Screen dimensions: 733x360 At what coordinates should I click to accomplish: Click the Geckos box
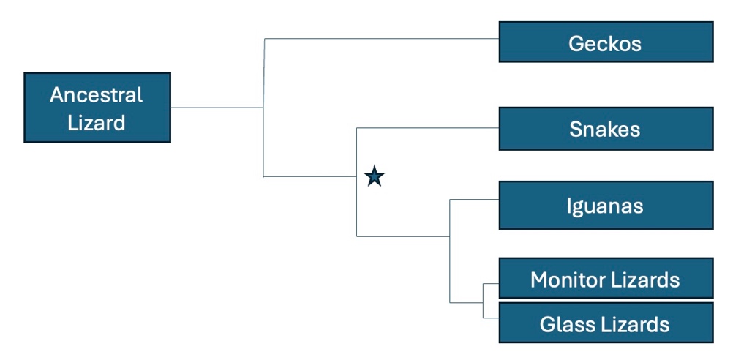click(606, 42)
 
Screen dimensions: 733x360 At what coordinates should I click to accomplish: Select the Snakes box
click(606, 129)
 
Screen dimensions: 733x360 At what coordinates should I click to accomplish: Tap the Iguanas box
click(606, 206)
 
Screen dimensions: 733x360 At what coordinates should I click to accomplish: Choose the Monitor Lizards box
click(606, 278)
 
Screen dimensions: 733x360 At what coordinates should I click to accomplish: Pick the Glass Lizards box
click(606, 323)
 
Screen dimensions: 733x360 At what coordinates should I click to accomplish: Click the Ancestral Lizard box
click(97, 107)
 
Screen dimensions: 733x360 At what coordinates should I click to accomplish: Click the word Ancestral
click(97, 95)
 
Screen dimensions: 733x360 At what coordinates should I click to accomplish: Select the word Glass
click(563, 324)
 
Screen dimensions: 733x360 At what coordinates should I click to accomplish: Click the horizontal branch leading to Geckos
click(381, 38)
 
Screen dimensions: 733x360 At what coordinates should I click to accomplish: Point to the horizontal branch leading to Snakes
click(428, 127)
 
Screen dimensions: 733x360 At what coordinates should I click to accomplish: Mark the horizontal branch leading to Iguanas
click(474, 200)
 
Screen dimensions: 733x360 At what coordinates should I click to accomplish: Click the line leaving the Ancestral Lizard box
click(217, 108)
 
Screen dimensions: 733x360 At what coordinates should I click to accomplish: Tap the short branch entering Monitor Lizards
click(491, 284)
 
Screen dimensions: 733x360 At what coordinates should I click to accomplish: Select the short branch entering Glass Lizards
click(491, 318)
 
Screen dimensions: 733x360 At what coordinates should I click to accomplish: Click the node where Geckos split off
click(263, 108)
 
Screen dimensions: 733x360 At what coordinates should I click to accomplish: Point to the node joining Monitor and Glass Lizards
click(483, 302)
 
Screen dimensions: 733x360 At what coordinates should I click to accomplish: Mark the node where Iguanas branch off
click(450, 236)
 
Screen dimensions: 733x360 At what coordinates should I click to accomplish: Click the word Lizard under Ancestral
click(97, 123)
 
